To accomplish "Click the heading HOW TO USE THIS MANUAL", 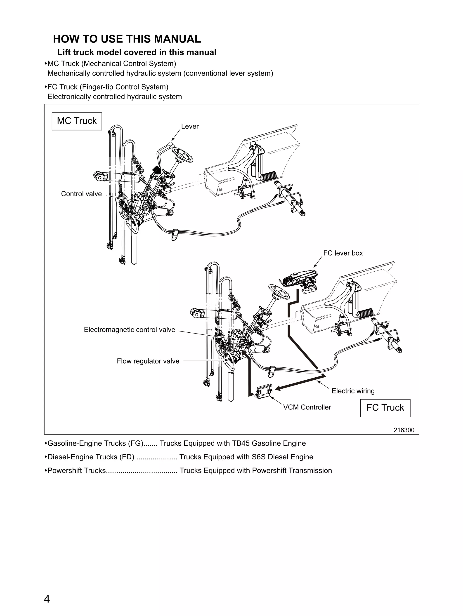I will coord(127,39).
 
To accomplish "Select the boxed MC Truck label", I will coord(77,121).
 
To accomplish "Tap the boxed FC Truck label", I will coord(385,408).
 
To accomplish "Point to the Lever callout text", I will coord(190,126).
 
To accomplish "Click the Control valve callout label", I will coord(81,194).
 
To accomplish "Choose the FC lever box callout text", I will coord(343,253).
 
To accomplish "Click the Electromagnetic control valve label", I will coord(130,330).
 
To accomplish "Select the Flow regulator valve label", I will coord(148,361).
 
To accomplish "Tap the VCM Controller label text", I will coord(307,407).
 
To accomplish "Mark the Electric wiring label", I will coord(353,391).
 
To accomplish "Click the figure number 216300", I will coord(404,430).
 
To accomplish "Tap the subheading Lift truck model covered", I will coord(137,52).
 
